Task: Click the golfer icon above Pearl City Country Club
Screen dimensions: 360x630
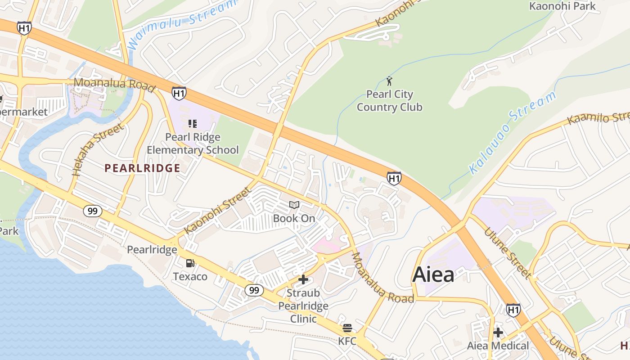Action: tap(390, 81)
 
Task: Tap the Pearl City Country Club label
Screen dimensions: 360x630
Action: tap(390, 101)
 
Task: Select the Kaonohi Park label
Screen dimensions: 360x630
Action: tap(562, 6)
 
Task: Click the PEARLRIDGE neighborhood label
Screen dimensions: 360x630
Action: tap(142, 168)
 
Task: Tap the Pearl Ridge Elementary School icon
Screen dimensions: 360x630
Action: tap(193, 123)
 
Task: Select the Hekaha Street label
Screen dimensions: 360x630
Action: tap(98, 149)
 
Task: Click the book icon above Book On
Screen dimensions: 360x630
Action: tap(294, 205)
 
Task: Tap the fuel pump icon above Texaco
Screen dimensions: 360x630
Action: tap(190, 263)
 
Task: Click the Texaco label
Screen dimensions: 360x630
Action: tap(190, 276)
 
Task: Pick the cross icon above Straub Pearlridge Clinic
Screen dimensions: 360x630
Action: tap(303, 279)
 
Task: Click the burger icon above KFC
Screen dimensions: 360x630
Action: tap(347, 328)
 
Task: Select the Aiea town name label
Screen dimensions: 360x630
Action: tap(433, 274)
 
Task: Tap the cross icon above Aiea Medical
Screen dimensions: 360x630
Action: tap(498, 333)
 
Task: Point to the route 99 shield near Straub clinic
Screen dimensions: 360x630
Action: tap(254, 290)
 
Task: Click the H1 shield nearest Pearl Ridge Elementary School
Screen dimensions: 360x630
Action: tap(179, 93)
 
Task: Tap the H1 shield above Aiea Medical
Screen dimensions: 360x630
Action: tap(513, 310)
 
